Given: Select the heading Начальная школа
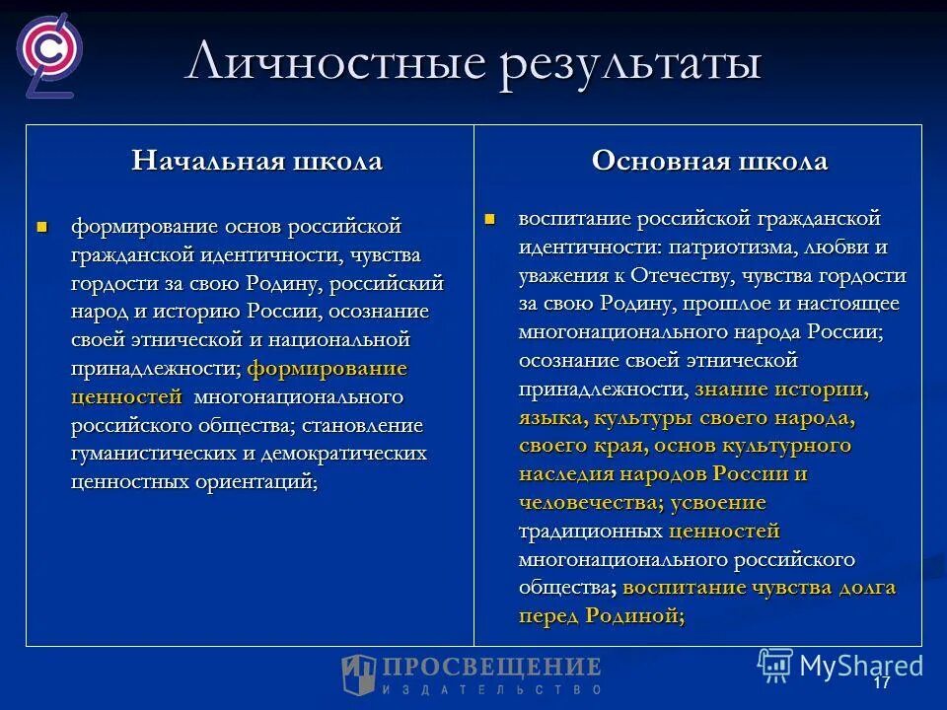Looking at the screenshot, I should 256,162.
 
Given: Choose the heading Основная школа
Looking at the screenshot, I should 709,162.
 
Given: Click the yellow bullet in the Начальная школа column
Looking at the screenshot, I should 41,227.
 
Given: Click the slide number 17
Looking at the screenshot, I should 881,683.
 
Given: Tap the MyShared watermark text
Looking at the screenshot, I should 860,666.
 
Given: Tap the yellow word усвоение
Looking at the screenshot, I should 718,502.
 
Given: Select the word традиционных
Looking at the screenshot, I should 591,531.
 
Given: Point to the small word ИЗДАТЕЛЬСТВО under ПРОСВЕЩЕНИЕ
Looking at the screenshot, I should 492,687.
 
